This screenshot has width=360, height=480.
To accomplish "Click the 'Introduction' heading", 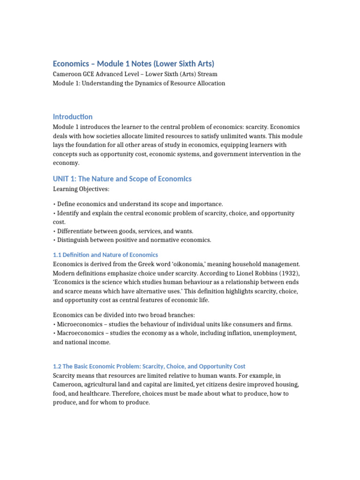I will click(x=73, y=117).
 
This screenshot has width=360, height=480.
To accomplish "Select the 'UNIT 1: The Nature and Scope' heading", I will click(x=122, y=179).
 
